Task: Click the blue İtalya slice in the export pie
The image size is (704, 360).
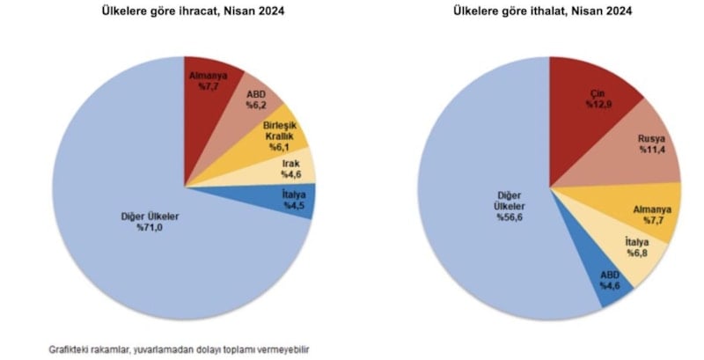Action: pyautogui.click(x=292, y=202)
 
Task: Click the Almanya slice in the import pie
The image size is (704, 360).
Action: pyautogui.click(x=653, y=214)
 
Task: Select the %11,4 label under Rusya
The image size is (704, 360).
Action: pyautogui.click(x=653, y=151)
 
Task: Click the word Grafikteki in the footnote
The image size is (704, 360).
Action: pyautogui.click(x=71, y=349)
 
